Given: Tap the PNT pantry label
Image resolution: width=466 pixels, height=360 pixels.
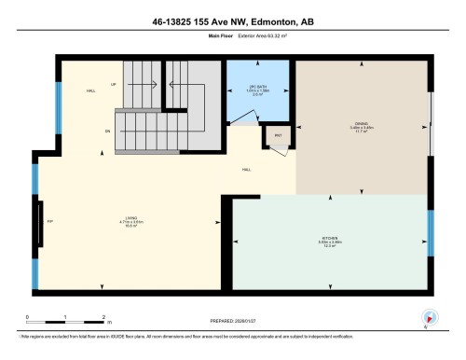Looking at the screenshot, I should coord(278,136).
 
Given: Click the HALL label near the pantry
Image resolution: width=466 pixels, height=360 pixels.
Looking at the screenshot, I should coord(246,169).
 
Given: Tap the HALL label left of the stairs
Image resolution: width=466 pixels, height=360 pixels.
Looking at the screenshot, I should coord(90,91).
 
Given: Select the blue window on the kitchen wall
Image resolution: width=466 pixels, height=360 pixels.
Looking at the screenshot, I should coord(430,233).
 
